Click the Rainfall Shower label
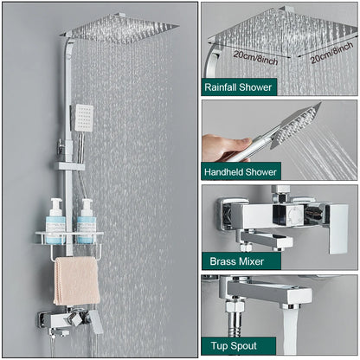pyautogui.click(x=238, y=87)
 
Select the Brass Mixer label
pyautogui.click(x=233, y=260)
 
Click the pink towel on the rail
pyautogui.click(x=76, y=280)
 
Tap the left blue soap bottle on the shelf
pyautogui.click(x=55, y=221)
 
